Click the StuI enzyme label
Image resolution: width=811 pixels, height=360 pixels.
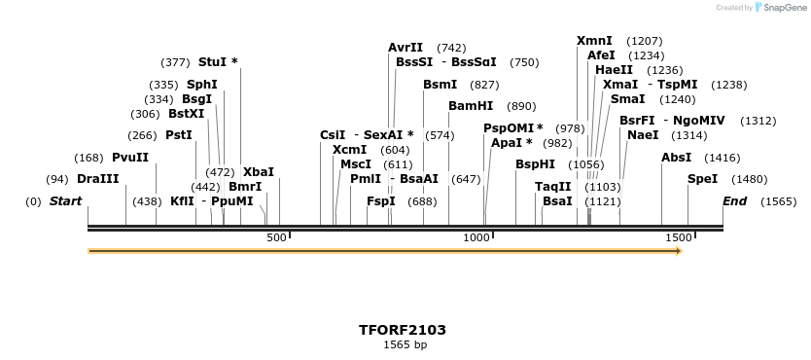click(213, 62)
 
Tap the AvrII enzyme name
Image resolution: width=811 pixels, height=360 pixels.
click(405, 47)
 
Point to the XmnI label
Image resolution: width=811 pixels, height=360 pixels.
click(594, 41)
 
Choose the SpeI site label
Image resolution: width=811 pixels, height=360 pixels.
click(702, 179)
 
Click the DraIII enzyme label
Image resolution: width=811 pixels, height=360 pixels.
click(97, 179)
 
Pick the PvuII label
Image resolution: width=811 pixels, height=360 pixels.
click(130, 158)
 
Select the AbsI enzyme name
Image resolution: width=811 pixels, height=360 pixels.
click(676, 158)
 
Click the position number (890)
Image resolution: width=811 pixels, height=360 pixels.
click(522, 106)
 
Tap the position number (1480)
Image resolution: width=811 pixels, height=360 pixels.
click(750, 179)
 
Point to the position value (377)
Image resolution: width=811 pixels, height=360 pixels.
click(175, 62)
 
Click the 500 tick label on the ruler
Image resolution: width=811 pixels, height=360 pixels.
click(277, 237)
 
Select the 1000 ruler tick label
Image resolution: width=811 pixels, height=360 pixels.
click(476, 237)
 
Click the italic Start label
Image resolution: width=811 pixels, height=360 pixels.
click(65, 201)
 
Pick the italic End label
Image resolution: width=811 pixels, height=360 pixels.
click(734, 201)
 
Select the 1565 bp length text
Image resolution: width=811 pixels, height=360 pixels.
click(405, 344)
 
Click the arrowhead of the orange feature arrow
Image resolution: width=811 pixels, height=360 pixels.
click(679, 251)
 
